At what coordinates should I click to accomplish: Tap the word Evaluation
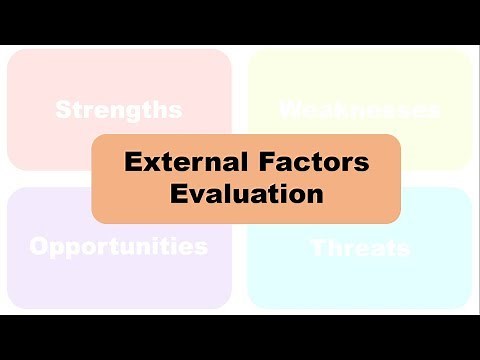point(246,193)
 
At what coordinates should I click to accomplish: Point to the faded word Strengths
point(118,109)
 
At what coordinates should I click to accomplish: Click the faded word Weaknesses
point(359,109)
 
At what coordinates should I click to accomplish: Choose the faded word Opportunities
point(118,246)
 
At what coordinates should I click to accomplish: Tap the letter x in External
point(146,163)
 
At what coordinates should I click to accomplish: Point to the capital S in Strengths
point(63,109)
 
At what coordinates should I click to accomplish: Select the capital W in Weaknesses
point(292,109)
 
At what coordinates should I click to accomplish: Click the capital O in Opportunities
point(40,246)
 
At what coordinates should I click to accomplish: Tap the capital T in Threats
point(318,247)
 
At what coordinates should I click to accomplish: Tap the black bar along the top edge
point(240,20)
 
